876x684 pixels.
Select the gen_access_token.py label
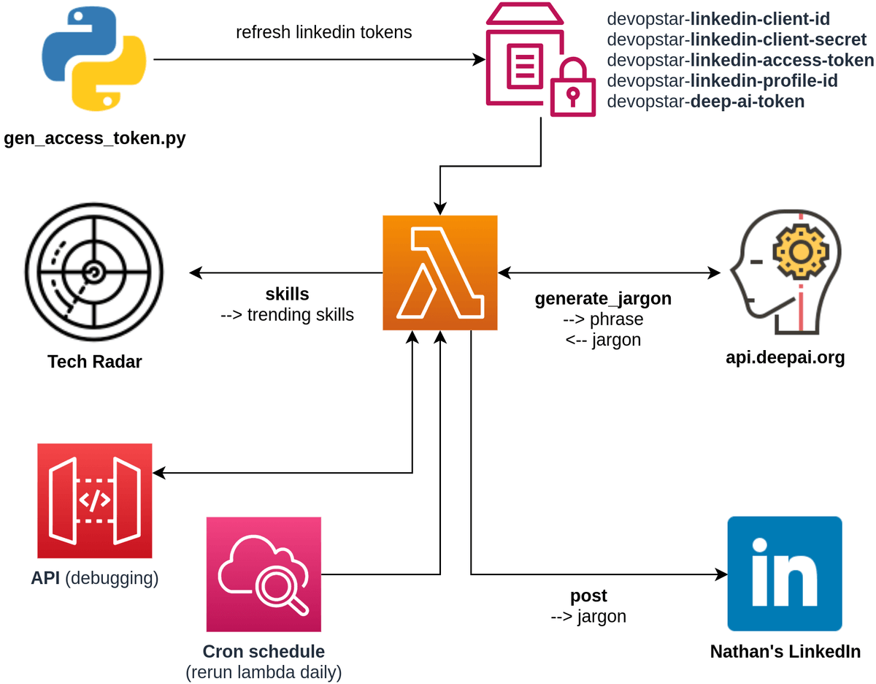point(95,138)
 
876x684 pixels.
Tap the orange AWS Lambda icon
point(440,273)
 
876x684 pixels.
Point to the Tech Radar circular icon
point(94,273)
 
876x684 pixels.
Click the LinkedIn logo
point(785,574)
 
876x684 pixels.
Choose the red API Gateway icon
point(95,501)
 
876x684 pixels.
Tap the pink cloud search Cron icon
point(264,574)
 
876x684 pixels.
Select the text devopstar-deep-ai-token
point(706,102)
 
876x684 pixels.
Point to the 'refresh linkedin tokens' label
point(324,33)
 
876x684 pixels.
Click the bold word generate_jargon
point(603,298)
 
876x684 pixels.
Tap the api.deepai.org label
point(785,357)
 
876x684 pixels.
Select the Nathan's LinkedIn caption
point(785,651)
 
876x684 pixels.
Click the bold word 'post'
point(588,596)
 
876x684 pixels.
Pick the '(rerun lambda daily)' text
point(264,671)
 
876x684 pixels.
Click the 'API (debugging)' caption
point(95,578)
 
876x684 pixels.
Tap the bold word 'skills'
point(287,294)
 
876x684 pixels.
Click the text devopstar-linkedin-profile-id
point(722,81)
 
